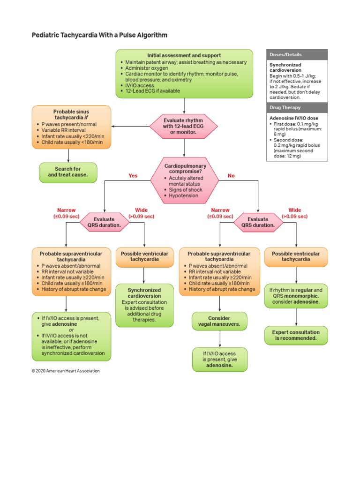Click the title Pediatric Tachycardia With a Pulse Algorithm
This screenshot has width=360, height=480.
coord(99,35)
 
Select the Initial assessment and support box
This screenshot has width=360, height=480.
coord(184,73)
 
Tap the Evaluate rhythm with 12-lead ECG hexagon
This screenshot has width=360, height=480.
coord(184,126)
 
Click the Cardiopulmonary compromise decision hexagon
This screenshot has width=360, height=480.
coord(184,180)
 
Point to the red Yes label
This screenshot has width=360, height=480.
coord(133,176)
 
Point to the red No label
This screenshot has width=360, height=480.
coord(231,176)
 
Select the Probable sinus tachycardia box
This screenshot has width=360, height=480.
coord(71,127)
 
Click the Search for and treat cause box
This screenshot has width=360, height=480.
coord(68,172)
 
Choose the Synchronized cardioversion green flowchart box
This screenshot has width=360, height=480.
coord(144,305)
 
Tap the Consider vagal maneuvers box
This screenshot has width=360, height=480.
coord(219,322)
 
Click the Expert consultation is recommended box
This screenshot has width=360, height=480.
coord(296,335)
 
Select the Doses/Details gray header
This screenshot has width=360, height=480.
coord(297,55)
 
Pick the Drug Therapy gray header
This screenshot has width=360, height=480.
coord(297,108)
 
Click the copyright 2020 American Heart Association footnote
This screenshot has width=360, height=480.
coord(66,371)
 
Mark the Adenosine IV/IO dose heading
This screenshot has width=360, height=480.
coord(291,118)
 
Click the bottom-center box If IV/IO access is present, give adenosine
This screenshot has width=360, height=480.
coord(219,360)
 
